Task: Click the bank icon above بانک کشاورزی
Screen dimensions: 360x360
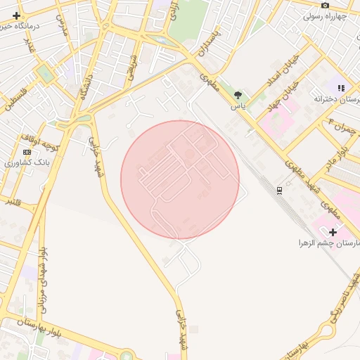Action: click(27, 152)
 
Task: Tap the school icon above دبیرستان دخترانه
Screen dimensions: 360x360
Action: click(341, 89)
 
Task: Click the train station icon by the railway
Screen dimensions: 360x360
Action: click(280, 190)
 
